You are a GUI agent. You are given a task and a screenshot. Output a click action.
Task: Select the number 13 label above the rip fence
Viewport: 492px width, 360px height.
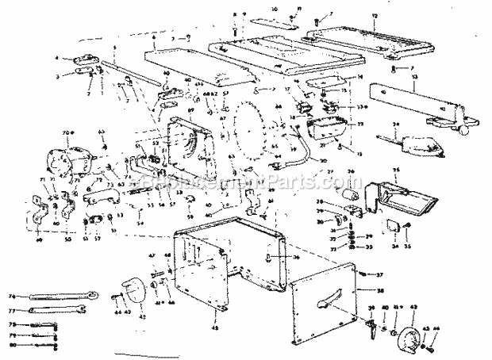click(413, 78)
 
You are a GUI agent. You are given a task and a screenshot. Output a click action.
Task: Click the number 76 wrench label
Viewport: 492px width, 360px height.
click(11, 297)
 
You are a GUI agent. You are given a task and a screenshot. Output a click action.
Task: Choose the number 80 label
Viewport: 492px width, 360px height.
click(11, 347)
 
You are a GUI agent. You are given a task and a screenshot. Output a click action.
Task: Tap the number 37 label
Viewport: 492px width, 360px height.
click(379, 274)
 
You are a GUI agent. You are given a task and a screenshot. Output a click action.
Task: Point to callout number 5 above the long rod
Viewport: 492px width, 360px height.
click(115, 49)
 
